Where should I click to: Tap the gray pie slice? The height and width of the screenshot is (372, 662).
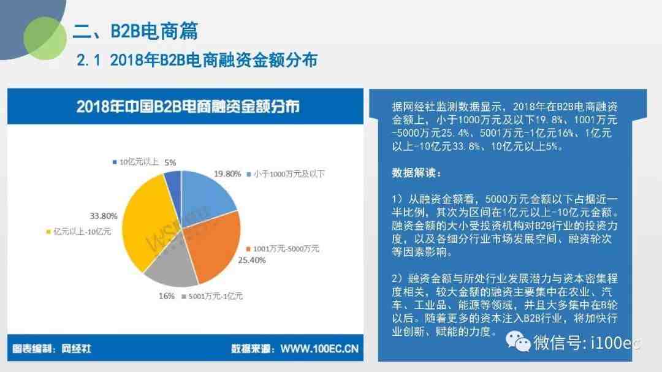coord(171,262)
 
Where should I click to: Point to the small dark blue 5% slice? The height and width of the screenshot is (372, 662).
coord(173,186)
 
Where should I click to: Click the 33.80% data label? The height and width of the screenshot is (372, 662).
coord(104,216)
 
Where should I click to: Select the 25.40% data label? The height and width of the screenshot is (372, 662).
coord(252,260)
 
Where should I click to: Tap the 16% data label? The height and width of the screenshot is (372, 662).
coord(166,297)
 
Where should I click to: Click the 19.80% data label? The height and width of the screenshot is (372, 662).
coord(227,174)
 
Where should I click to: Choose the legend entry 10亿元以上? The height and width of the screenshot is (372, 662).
coord(135,162)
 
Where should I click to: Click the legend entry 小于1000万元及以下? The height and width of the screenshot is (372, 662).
coord(286,174)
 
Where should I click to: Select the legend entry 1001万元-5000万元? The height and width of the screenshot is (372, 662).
coord(283,249)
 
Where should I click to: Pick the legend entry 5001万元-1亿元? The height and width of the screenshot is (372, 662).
coord(212,297)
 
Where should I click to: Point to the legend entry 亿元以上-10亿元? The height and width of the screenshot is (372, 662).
coord(78,232)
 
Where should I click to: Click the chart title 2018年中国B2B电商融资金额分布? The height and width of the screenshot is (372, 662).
coord(188,107)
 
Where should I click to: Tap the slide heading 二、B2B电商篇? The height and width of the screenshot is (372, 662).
coord(135,31)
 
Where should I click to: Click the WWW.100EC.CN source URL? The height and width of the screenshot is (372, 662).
coord(319,349)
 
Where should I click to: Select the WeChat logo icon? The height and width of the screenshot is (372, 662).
coord(517,341)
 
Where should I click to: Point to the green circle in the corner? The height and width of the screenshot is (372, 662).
coord(45,38)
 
